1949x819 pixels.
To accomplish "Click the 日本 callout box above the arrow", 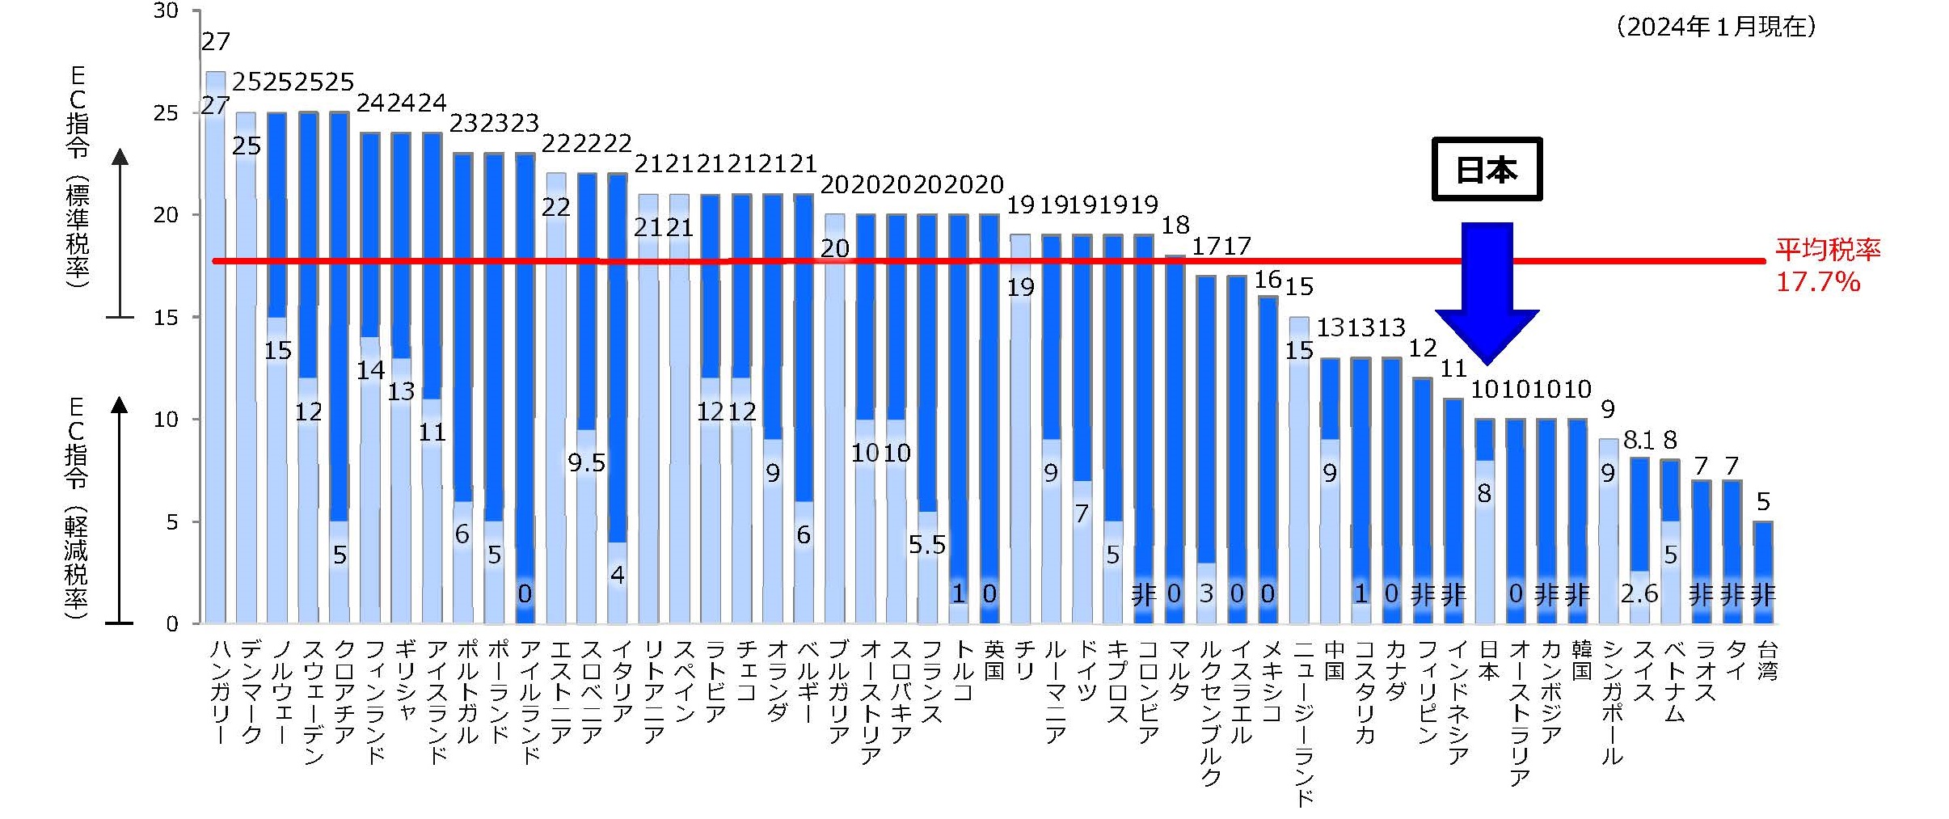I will [x=1486, y=169].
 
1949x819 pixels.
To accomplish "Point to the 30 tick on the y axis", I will [x=166, y=11].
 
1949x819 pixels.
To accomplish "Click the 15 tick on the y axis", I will [x=166, y=318].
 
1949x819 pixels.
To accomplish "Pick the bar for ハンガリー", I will [x=216, y=348].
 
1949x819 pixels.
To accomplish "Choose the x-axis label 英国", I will [x=993, y=660].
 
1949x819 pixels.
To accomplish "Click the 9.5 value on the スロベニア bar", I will [x=586, y=463].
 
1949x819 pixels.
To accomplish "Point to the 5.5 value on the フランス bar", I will [x=926, y=545].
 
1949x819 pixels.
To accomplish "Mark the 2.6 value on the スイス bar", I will [x=1639, y=594].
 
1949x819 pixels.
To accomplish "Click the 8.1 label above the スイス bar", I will [x=1639, y=441].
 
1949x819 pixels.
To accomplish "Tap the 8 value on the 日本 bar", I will [x=1483, y=493].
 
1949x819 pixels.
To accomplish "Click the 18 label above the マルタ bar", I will [x=1175, y=226].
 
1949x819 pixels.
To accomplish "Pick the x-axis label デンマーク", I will [x=251, y=691].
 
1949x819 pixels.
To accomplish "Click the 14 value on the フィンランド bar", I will [x=371, y=370].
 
